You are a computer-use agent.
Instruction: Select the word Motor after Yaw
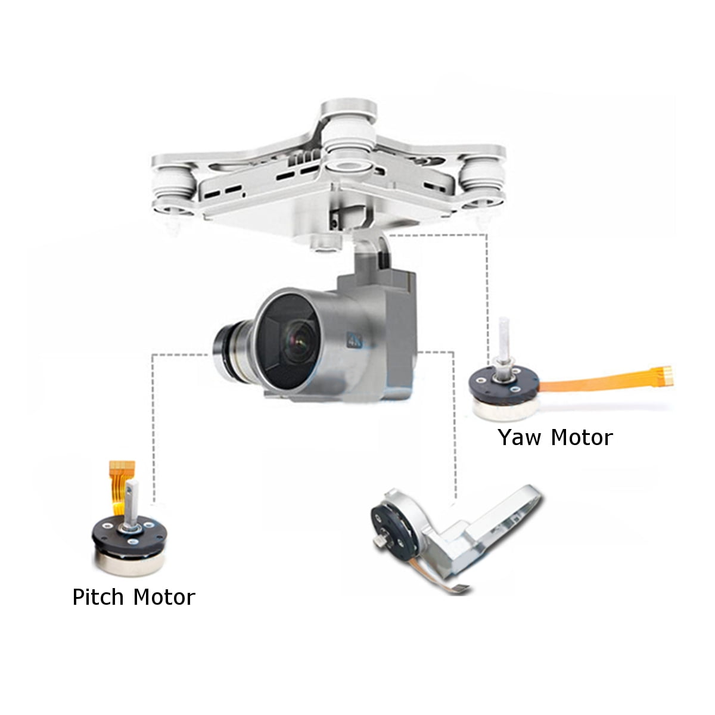pyautogui.click(x=582, y=437)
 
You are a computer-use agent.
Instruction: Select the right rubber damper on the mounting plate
pyautogui.click(x=480, y=173)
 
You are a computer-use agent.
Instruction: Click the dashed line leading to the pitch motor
pyautogui.click(x=154, y=417)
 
